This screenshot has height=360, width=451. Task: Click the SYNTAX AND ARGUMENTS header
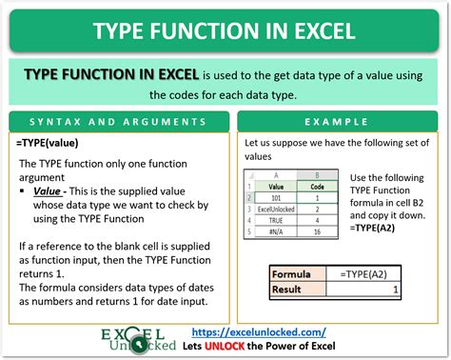(x=117, y=124)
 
